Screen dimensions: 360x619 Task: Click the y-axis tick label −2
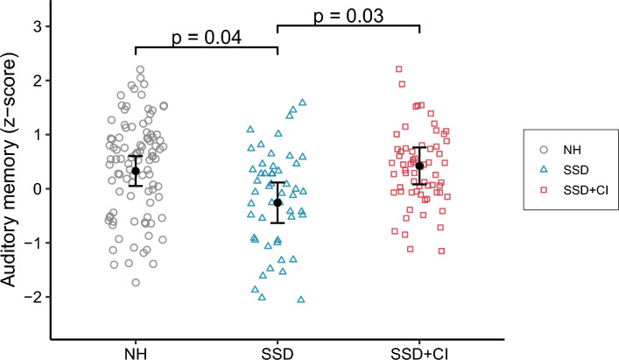(x=33, y=297)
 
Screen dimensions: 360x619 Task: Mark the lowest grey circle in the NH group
(x=136, y=282)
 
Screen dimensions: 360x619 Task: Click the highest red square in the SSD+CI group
(x=398, y=68)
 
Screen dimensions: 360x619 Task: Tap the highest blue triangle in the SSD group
(x=303, y=102)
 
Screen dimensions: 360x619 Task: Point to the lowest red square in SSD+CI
(x=441, y=251)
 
